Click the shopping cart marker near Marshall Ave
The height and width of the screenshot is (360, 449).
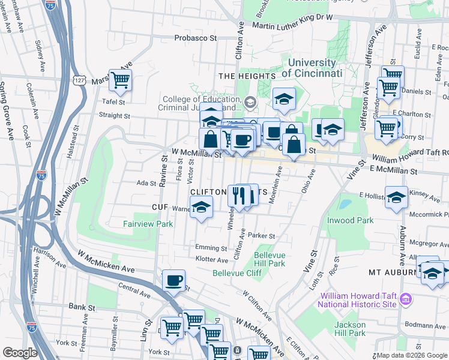121,80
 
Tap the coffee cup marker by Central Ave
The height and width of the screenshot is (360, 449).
174,280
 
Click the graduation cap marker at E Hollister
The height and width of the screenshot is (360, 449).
397,197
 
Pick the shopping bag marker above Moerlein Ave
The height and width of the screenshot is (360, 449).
294,145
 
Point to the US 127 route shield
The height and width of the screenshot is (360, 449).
79,80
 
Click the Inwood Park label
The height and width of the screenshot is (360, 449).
367,220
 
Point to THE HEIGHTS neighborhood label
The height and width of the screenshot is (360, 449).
247,76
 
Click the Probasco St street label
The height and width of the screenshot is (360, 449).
195,38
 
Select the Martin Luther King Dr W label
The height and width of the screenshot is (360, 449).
292,25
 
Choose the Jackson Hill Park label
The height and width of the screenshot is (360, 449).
349,329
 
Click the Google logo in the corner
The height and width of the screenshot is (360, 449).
20,353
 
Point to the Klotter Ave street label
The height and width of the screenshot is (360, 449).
212,260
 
